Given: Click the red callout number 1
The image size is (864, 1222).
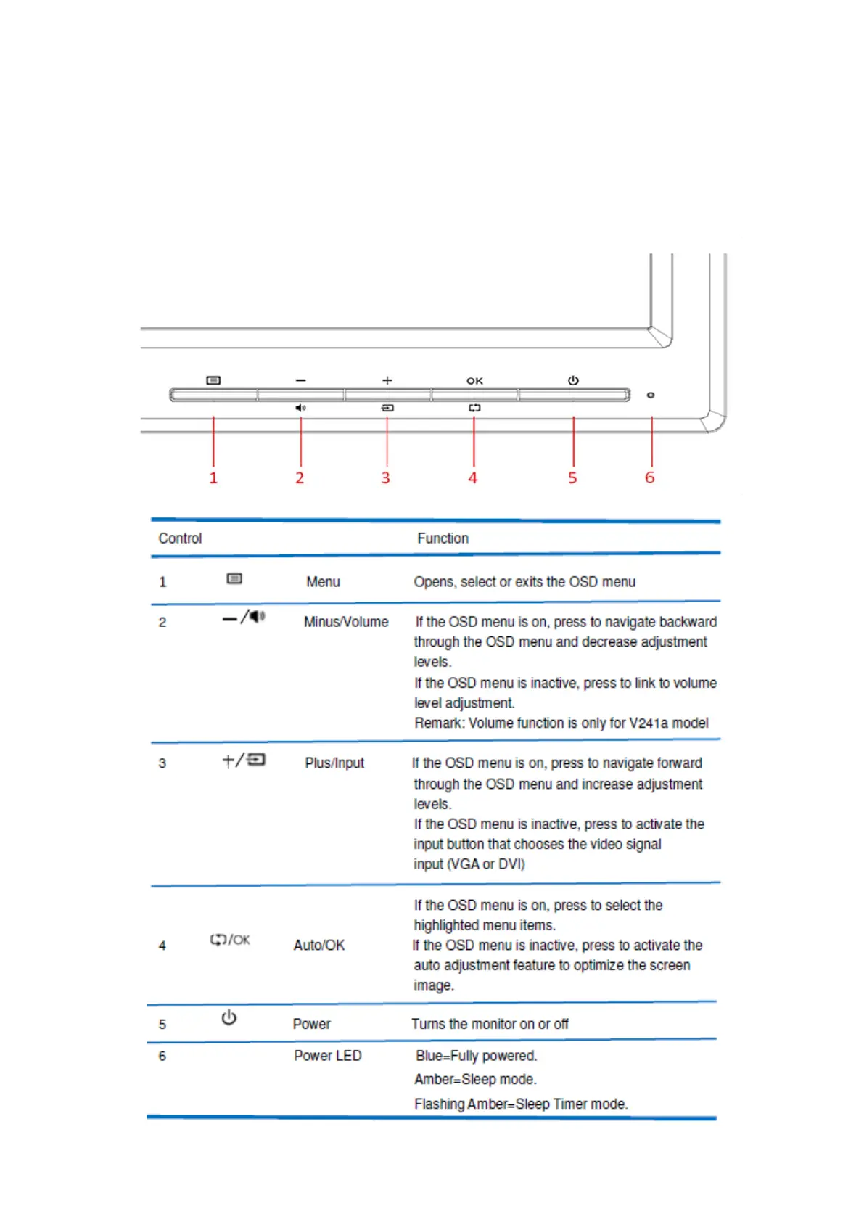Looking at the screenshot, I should [x=213, y=477].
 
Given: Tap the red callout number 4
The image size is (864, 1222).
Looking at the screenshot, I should [x=473, y=477].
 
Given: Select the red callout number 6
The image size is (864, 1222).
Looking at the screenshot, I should [x=650, y=477].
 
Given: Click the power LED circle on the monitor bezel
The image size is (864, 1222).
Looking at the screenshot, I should [x=651, y=395].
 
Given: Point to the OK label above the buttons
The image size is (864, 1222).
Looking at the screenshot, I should [x=474, y=381].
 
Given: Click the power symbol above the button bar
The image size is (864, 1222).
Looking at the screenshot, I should [x=573, y=380].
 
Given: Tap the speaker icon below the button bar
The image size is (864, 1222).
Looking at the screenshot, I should [x=300, y=408].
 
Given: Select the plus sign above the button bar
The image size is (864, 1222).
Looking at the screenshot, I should [x=387, y=380].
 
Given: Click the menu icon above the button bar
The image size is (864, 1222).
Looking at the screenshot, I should [x=213, y=380].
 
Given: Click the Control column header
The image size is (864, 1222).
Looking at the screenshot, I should [x=180, y=538].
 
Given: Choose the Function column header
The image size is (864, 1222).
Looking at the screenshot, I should [x=443, y=538].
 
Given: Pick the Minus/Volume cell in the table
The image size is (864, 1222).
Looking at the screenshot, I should [x=346, y=622].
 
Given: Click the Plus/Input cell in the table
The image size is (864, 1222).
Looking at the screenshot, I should [x=334, y=763].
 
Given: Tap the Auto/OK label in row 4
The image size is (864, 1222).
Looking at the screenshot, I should [x=319, y=945].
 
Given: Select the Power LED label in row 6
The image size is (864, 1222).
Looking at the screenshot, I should [x=327, y=1056].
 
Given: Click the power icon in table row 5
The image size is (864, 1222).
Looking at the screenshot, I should [x=229, y=1018].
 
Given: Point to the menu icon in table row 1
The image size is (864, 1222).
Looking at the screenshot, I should [x=234, y=578].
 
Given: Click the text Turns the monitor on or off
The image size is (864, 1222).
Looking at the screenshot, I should [x=490, y=1024].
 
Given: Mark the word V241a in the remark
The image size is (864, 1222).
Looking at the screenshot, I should [x=649, y=723].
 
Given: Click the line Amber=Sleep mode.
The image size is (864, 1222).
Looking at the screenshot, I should [x=475, y=1079].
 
